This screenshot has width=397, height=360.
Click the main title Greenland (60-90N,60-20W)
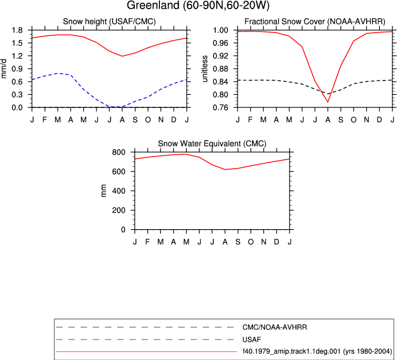[x=198, y=6]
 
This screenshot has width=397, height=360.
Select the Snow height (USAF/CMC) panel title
[x=109, y=22]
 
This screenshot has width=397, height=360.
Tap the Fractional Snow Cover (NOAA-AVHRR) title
[x=315, y=22]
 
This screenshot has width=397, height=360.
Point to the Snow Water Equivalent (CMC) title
[x=212, y=143]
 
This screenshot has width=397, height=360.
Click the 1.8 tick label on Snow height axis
[x=18, y=30]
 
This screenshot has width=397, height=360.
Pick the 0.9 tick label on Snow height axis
[x=18, y=69]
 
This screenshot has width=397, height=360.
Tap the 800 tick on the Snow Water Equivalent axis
[x=119, y=152]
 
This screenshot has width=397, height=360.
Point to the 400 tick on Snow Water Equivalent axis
[x=119, y=191]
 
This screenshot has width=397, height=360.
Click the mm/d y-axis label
[x=3, y=69]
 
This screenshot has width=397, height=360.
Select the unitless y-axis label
[x=204, y=69]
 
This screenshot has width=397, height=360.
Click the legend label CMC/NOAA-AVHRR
[x=274, y=327]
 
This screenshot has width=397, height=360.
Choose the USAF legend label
[x=251, y=339]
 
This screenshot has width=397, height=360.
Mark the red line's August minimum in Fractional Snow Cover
[x=328, y=102]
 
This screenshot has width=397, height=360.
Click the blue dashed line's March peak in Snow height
[x=58, y=73]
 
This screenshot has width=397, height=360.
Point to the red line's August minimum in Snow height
[x=122, y=56]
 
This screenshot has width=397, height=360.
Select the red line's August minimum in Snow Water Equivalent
[x=225, y=170]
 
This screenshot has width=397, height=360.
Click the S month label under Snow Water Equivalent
[x=238, y=242]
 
